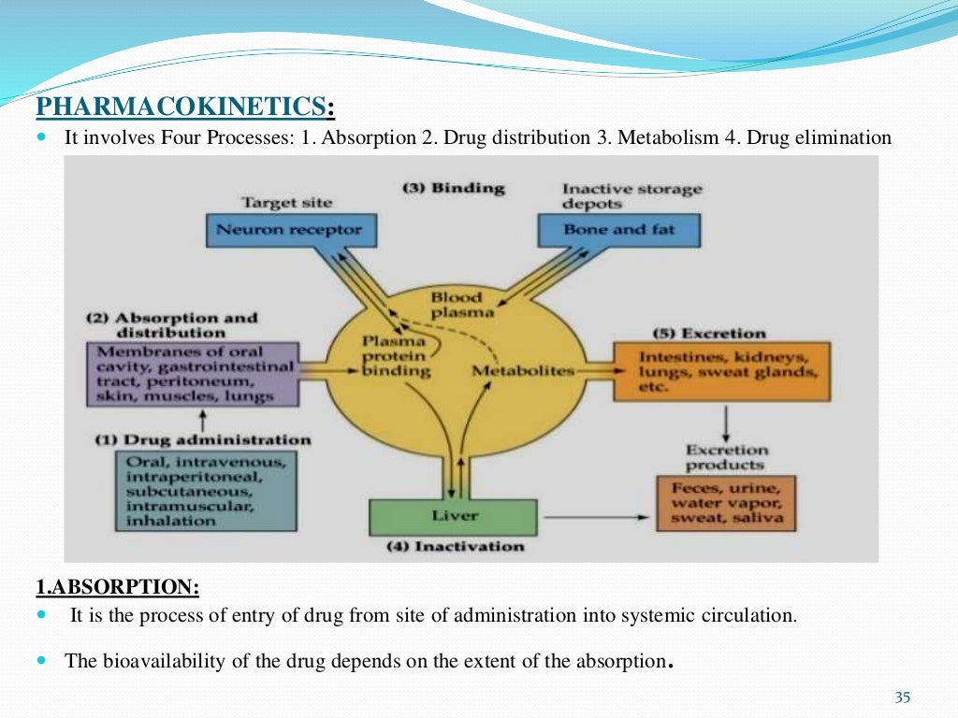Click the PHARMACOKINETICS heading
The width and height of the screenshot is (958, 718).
pyautogui.click(x=184, y=108)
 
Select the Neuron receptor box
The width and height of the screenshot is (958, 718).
pyautogui.click(x=288, y=229)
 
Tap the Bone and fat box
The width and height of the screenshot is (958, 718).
pyautogui.click(x=618, y=229)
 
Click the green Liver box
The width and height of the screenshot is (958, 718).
pyautogui.click(x=454, y=516)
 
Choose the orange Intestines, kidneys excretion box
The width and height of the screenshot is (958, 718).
pyautogui.click(x=721, y=372)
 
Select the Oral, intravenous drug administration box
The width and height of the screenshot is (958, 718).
pyautogui.click(x=206, y=491)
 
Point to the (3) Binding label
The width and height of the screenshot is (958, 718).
pyautogui.click(x=453, y=188)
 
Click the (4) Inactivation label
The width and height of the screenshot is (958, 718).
pyautogui.click(x=456, y=547)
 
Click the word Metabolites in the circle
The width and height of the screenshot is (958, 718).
pyautogui.click(x=522, y=371)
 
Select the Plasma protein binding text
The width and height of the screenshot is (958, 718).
pyautogui.click(x=396, y=356)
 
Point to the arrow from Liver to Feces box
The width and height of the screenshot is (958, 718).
pyautogui.click(x=594, y=517)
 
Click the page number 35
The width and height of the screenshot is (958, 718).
pyautogui.click(x=902, y=697)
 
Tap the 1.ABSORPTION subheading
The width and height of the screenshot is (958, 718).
pyautogui.click(x=117, y=587)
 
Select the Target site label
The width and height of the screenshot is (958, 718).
pyautogui.click(x=286, y=202)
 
